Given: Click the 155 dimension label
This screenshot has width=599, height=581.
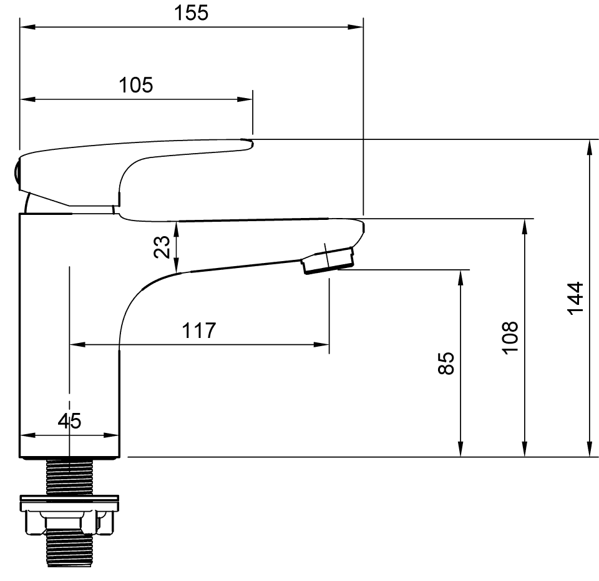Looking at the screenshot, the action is [191, 12].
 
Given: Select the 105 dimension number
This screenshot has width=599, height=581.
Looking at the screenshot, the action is [135, 85].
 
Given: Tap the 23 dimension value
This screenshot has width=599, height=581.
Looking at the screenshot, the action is [162, 247].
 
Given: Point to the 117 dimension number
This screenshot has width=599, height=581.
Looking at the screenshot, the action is [198, 330].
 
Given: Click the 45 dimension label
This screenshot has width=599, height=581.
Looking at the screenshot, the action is [69, 421].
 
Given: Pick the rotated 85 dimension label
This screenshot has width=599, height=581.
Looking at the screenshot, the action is [446, 363].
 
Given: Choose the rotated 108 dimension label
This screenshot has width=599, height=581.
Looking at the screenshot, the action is [510, 338].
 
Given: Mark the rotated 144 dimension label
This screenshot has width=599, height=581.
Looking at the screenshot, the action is [575, 299].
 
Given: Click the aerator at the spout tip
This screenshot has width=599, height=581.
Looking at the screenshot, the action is [328, 261].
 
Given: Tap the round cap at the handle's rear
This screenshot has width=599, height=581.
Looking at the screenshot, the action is [17, 173].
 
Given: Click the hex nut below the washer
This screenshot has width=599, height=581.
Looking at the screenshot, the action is [69, 522].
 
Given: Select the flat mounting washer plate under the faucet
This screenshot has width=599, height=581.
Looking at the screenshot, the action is [69, 504].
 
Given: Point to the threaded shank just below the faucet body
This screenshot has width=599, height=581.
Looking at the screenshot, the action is [69, 477].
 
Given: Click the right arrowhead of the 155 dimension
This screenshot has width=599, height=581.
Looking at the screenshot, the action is [355, 27].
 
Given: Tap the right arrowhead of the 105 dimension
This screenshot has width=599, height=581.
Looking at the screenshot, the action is [245, 99].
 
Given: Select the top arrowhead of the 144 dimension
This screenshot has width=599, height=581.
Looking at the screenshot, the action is [591, 148].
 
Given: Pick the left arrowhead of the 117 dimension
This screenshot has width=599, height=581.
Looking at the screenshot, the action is [77, 345].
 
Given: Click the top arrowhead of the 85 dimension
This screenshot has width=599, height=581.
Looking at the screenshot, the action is [460, 278].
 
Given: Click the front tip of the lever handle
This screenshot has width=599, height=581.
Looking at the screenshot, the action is [251, 144].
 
